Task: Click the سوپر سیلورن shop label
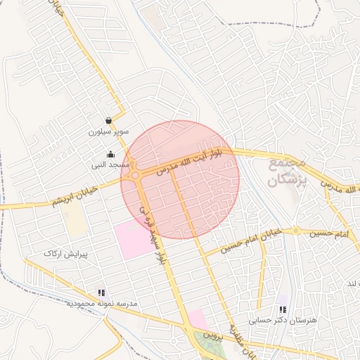coord(105,131)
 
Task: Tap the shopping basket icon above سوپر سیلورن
coord(108,121)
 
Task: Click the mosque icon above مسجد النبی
coord(110,155)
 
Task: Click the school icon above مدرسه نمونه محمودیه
coord(101,292)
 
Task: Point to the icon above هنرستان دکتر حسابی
coord(283,309)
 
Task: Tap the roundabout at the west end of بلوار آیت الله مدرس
coord(136,175)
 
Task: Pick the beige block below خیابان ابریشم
coord(73,221)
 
